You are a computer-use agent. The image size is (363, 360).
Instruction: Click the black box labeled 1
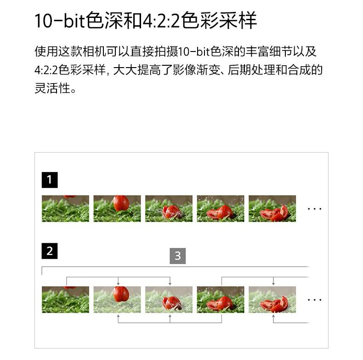pyautogui.click(x=50, y=180)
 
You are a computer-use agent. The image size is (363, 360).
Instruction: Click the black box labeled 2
pyautogui.click(x=50, y=251)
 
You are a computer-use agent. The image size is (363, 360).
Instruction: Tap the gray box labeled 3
pyautogui.click(x=178, y=256)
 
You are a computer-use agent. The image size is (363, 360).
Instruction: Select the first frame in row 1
pyautogui.click(x=66, y=208)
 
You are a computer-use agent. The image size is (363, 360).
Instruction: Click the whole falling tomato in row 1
pyautogui.click(x=121, y=203)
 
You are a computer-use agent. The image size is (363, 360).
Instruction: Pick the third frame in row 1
pyautogui.click(x=169, y=208)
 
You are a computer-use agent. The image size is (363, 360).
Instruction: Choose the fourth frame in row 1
pyautogui.click(x=221, y=208)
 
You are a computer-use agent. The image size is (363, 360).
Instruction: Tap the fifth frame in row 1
pyautogui.click(x=272, y=208)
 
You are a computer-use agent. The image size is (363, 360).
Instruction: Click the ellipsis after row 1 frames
pyautogui.click(x=314, y=209)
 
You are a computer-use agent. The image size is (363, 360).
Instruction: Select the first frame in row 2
pyautogui.click(x=66, y=299)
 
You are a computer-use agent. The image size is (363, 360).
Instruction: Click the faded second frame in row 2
pyautogui.click(x=117, y=299)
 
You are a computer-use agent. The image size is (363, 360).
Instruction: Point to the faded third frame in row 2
pyautogui.click(x=169, y=299)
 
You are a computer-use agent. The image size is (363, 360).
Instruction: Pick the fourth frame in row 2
pyautogui.click(x=221, y=299)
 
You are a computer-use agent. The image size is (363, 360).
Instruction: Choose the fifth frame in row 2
pyautogui.click(x=272, y=299)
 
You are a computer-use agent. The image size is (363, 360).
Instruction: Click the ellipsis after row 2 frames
pyautogui.click(x=314, y=300)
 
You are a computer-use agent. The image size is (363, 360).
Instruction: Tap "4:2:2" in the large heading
pyautogui.click(x=161, y=21)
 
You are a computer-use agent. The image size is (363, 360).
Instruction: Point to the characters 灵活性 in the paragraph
pyautogui.click(x=52, y=88)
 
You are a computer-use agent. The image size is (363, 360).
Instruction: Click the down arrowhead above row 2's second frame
pyautogui.click(x=118, y=284)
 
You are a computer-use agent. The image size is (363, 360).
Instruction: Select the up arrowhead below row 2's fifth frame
pyautogui.click(x=273, y=316)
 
